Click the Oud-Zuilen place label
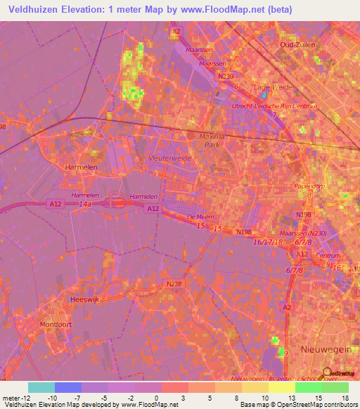click(x=297, y=44)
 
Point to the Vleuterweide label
click(x=169, y=158)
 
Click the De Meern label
click(x=200, y=218)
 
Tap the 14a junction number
click(x=85, y=204)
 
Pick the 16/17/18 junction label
click(x=269, y=241)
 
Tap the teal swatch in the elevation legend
click(x=41, y=387)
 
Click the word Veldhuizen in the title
click(x=38, y=11)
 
